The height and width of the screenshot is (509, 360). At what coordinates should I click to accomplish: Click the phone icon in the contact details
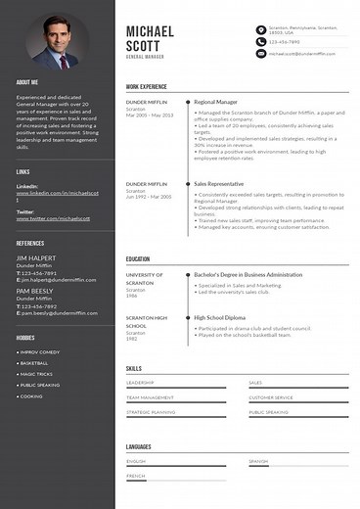pyautogui.click(x=261, y=42)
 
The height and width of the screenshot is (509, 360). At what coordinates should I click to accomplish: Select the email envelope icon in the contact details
pyautogui.click(x=261, y=54)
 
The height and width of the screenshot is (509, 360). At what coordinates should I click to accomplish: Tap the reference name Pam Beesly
pyautogui.click(x=34, y=292)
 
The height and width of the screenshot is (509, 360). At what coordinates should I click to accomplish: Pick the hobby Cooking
pyautogui.click(x=32, y=396)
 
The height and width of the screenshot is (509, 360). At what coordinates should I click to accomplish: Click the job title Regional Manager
pyautogui.click(x=215, y=101)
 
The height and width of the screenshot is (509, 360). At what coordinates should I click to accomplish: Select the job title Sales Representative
pyautogui.click(x=219, y=183)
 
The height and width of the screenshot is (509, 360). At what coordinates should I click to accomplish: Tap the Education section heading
pyautogui.click(x=137, y=259)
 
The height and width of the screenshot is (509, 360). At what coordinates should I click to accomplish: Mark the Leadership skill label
pyautogui.click(x=140, y=383)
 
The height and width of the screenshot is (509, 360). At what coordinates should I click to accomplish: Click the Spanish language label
pyautogui.click(x=258, y=461)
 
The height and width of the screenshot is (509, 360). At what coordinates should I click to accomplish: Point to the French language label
pyautogui.click(x=135, y=475)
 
